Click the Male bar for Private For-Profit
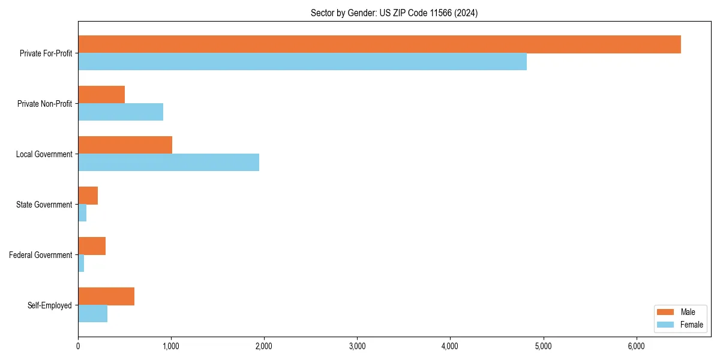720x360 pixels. tap(379, 44)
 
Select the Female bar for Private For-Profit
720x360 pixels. tap(302, 62)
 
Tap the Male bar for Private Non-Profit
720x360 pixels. tap(101, 95)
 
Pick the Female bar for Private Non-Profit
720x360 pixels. tap(121, 112)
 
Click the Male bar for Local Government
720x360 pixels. tap(125, 145)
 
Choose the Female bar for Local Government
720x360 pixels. tap(169, 163)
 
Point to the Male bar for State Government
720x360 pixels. tap(88, 196)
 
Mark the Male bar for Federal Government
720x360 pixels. tap(92, 246)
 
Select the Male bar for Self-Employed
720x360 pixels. tap(106, 296)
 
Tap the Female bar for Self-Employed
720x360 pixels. tap(93, 314)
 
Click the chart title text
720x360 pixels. tap(394, 13)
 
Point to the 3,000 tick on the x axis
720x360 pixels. tap(357, 346)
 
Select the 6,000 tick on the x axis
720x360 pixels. tap(636, 346)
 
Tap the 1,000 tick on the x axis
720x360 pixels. tap(171, 346)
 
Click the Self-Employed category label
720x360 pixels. tap(50, 305)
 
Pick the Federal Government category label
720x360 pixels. tap(41, 255)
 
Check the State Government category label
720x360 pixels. tap(44, 205)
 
